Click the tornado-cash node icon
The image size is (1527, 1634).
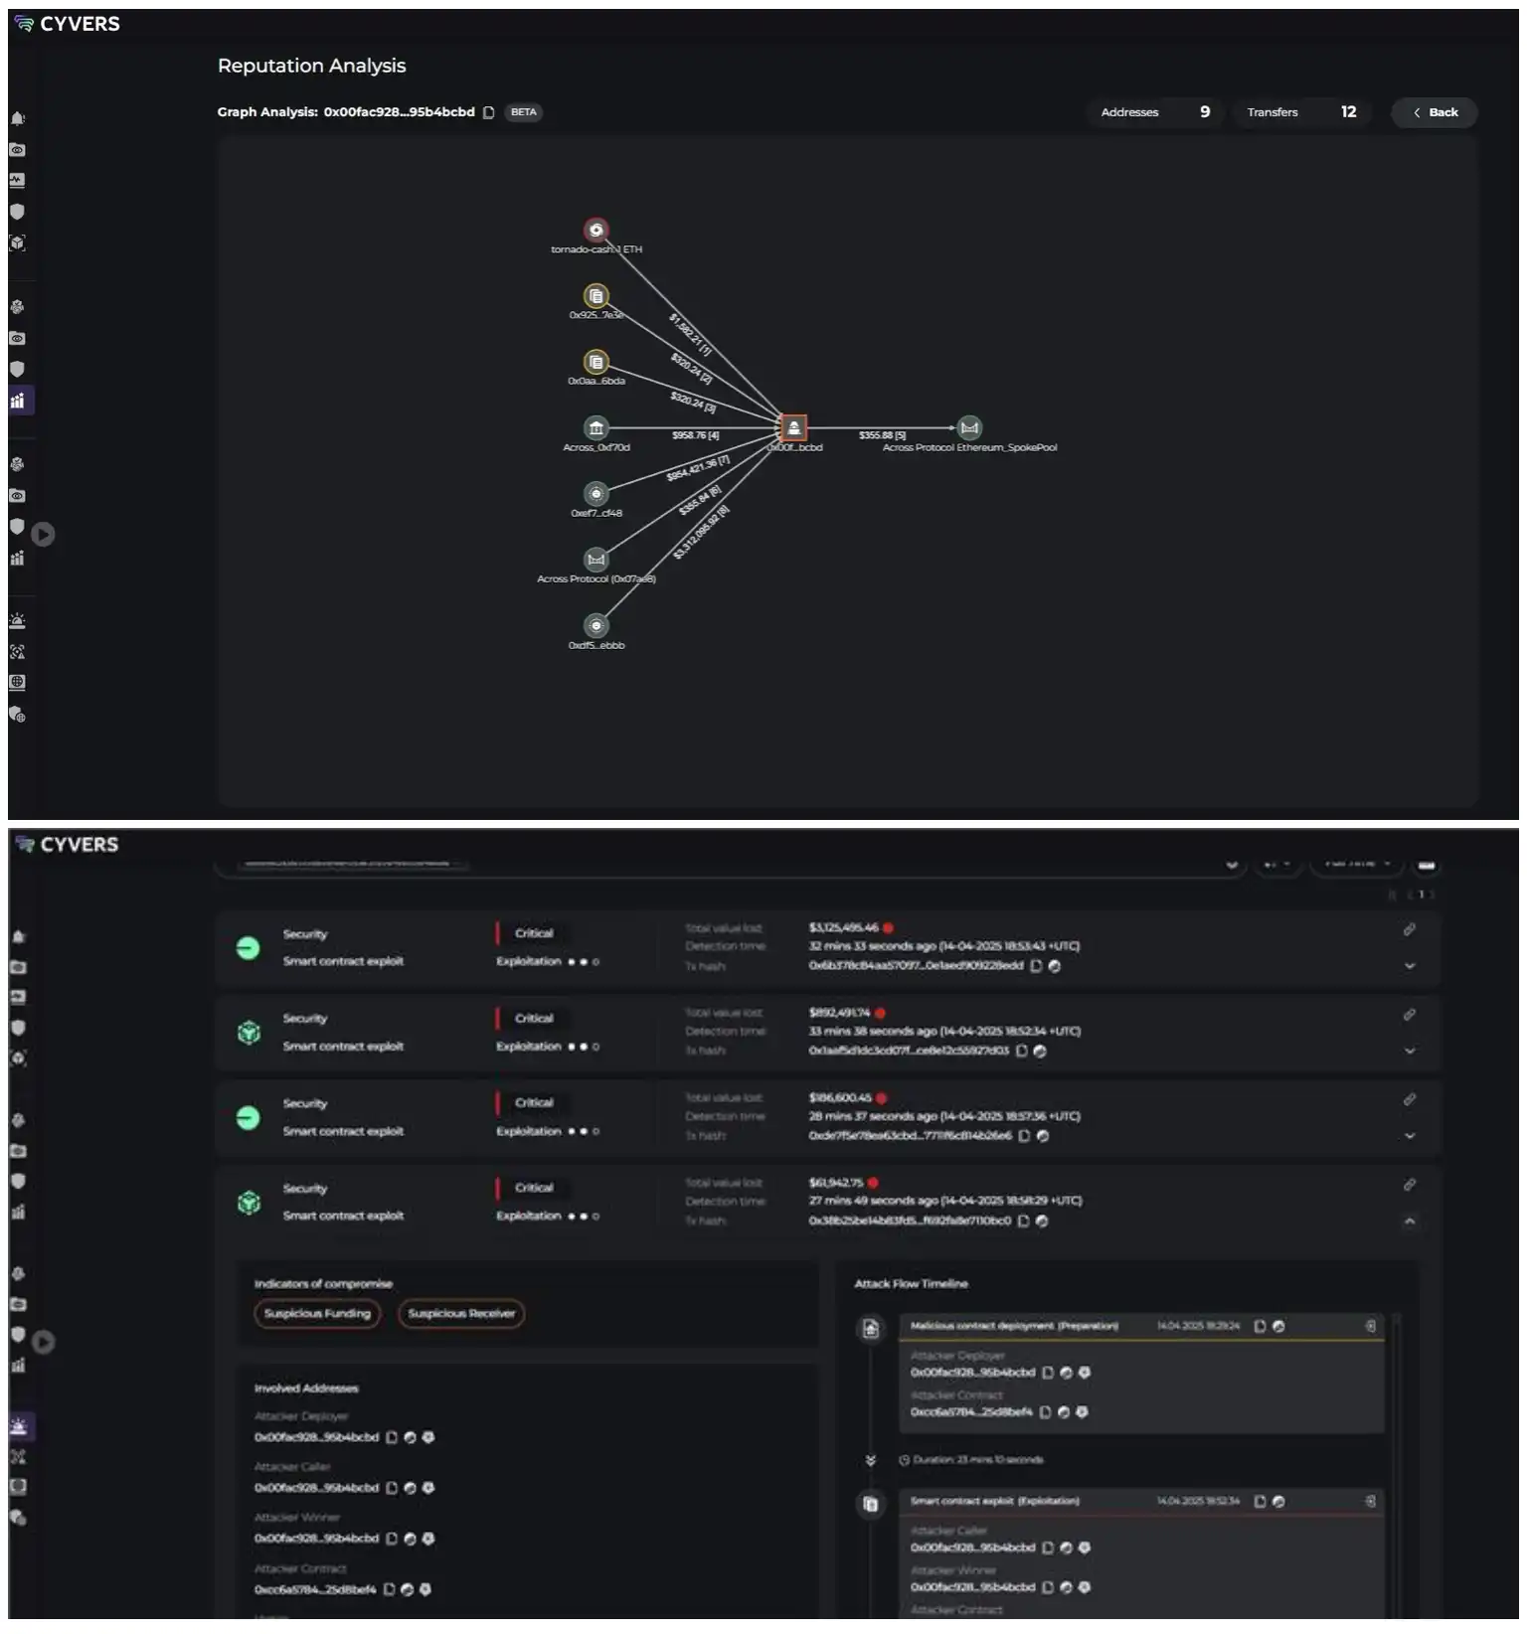[595, 230]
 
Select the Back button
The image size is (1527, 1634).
[1435, 112]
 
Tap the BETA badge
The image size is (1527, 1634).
[523, 112]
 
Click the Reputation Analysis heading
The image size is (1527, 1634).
[311, 66]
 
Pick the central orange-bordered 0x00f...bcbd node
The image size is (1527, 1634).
[793, 427]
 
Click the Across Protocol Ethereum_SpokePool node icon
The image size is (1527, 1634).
[969, 427]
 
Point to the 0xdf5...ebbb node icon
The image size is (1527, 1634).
[595, 625]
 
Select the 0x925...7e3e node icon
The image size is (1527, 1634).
[595, 296]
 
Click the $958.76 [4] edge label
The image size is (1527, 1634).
[695, 435]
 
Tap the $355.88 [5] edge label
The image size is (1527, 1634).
[882, 435]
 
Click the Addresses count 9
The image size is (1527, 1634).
[1205, 112]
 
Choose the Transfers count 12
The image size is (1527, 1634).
[1348, 112]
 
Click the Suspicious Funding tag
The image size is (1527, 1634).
[317, 1314]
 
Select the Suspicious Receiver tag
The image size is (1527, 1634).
[461, 1314]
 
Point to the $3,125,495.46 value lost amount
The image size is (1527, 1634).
[843, 928]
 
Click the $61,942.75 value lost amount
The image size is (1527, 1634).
[836, 1183]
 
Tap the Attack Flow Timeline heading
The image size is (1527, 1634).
[911, 1284]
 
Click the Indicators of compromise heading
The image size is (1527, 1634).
[323, 1284]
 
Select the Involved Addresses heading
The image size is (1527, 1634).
[306, 1389]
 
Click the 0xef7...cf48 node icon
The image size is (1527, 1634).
[595, 494]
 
